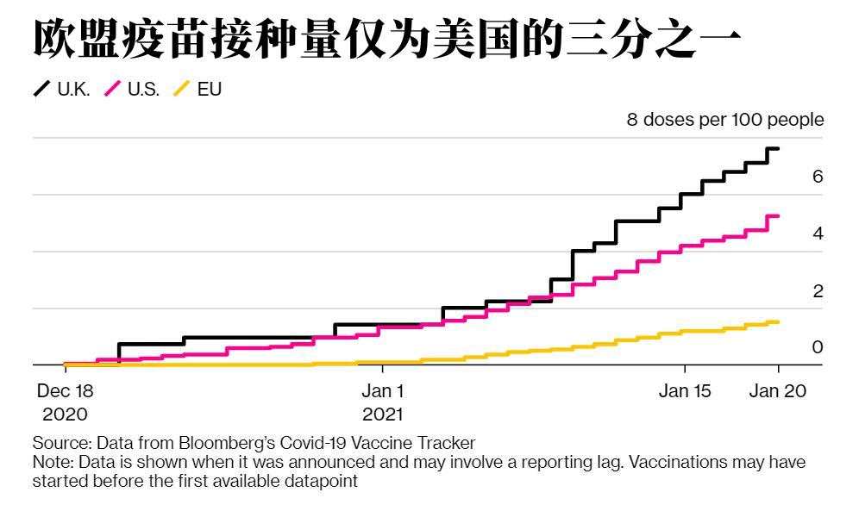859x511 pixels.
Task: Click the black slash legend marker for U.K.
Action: click(x=41, y=90)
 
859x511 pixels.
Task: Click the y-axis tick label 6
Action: click(x=818, y=177)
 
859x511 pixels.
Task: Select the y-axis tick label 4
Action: click(x=818, y=234)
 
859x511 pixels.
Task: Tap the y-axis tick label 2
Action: click(x=818, y=291)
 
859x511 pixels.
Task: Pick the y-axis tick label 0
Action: click(x=818, y=347)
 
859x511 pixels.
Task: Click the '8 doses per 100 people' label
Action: click(x=724, y=120)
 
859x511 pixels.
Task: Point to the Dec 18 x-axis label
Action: click(x=65, y=391)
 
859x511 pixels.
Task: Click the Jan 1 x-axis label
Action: click(x=383, y=391)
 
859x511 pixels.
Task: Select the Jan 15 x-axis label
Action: click(x=685, y=391)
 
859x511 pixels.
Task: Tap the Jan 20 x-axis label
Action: click(x=777, y=391)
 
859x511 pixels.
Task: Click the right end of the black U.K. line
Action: click(x=778, y=149)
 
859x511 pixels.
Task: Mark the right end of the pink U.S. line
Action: click(x=778, y=216)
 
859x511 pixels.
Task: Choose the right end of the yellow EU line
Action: click(x=778, y=322)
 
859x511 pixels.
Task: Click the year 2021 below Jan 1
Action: click(x=383, y=414)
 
